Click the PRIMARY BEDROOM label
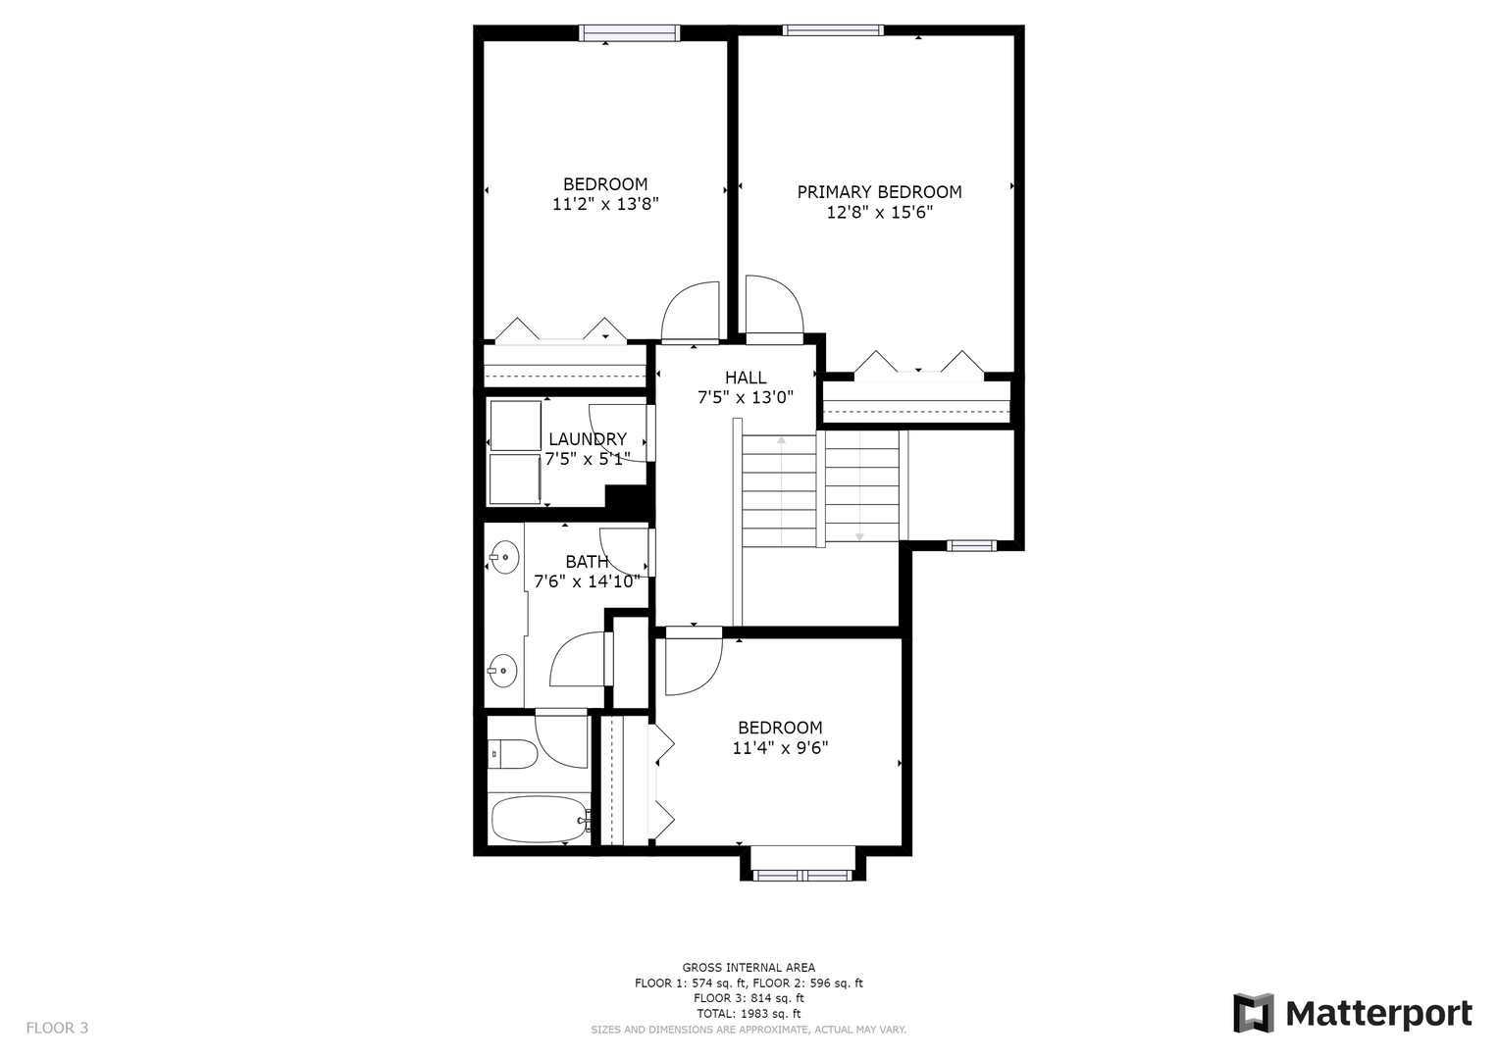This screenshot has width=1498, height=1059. click(879, 192)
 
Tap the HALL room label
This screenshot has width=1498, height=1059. click(746, 378)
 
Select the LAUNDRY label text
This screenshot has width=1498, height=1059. click(588, 439)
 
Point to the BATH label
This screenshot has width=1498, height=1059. click(587, 562)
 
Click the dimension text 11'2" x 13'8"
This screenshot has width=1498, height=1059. click(605, 204)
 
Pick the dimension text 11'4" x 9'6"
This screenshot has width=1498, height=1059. click(780, 747)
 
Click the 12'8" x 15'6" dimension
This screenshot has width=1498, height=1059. click(879, 213)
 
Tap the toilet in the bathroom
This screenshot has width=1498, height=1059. click(512, 754)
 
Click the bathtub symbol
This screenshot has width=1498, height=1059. click(541, 819)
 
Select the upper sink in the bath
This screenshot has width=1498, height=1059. click(504, 557)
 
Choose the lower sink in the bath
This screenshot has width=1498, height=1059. click(502, 670)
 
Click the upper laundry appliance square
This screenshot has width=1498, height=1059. click(516, 426)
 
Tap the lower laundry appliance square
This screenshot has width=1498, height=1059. click(514, 479)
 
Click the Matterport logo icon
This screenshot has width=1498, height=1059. click(1253, 1013)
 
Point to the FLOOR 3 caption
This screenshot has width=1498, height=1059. click(57, 1028)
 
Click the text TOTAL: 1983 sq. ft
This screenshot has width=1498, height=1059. click(749, 1014)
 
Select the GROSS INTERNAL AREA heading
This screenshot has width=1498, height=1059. click(749, 968)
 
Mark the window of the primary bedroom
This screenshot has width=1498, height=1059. click(833, 30)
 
